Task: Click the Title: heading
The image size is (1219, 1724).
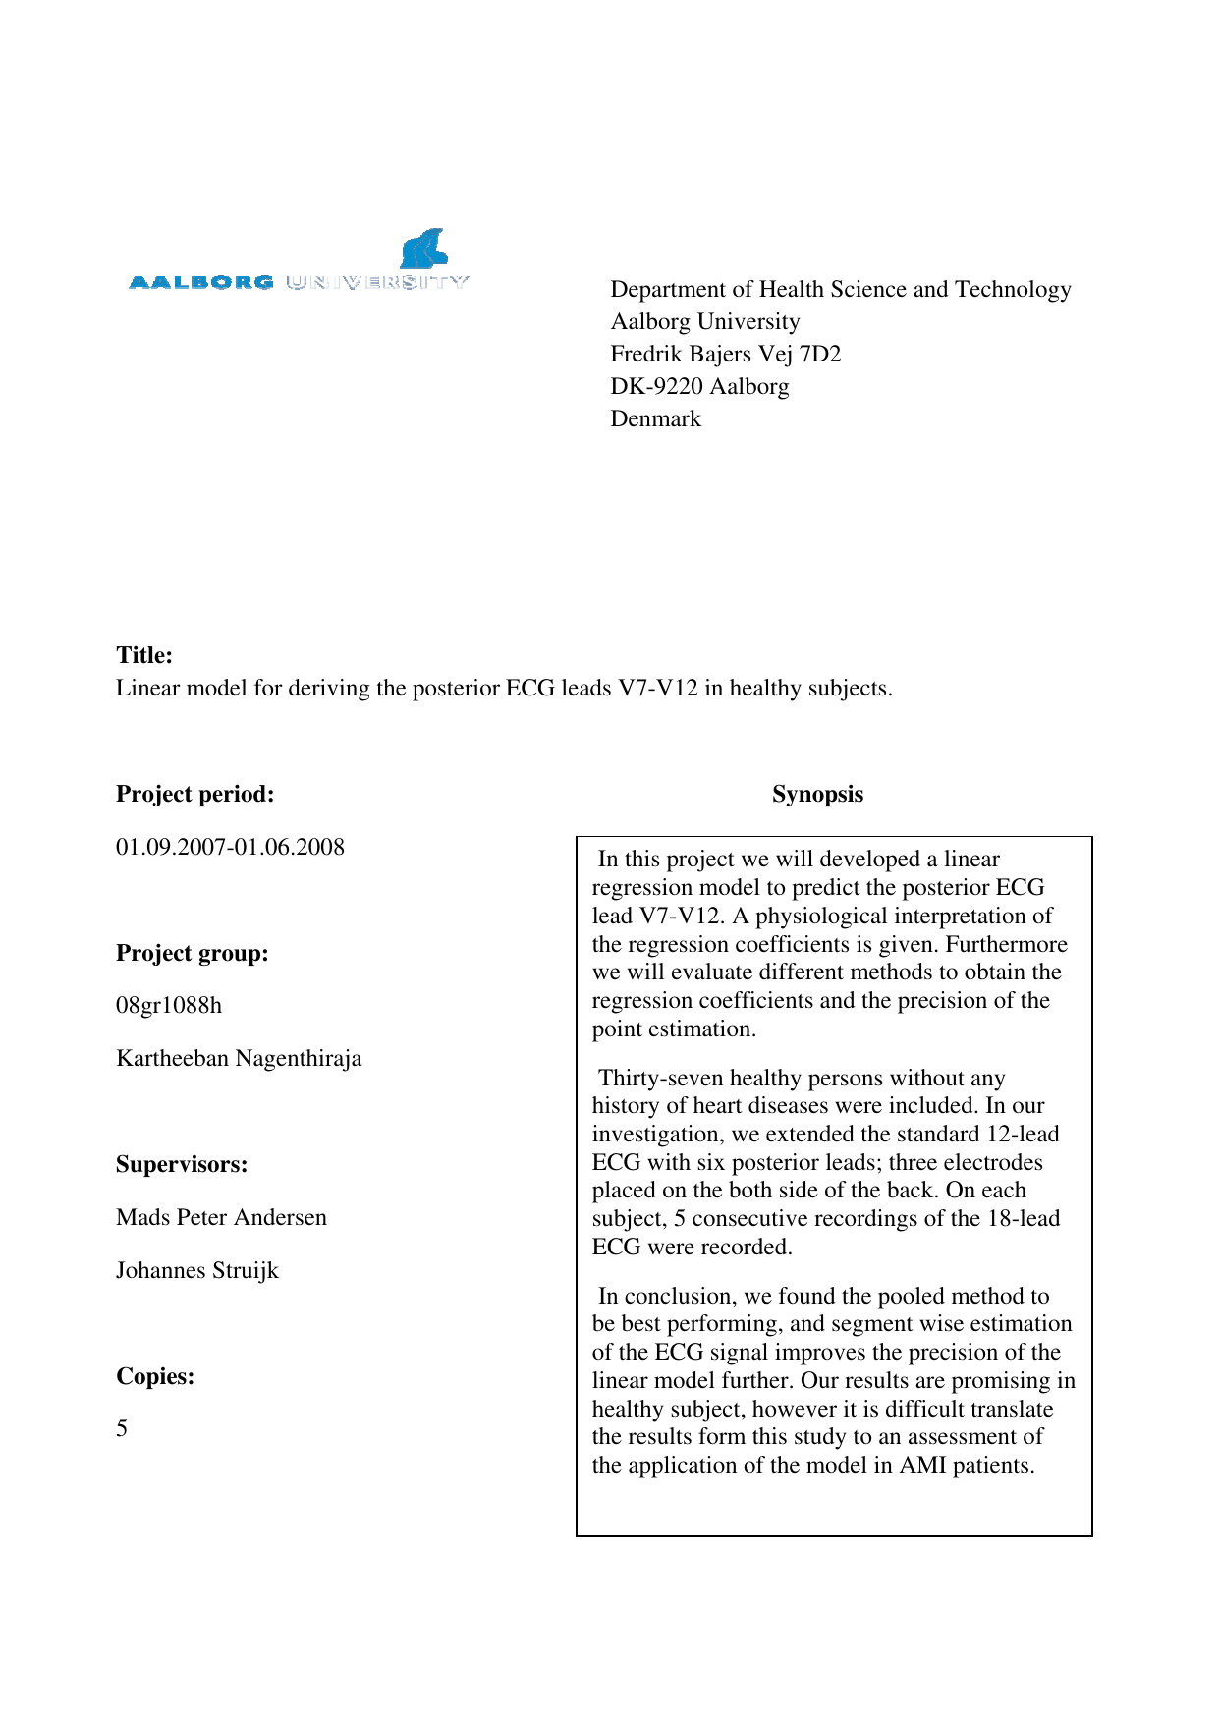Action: click(x=144, y=655)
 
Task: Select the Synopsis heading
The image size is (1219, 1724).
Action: click(x=817, y=794)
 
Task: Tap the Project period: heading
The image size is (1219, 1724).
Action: click(x=194, y=794)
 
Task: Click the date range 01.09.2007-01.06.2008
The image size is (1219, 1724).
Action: click(x=230, y=847)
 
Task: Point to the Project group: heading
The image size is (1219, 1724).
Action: click(x=192, y=953)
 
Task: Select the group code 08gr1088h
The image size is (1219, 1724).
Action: click(x=169, y=1005)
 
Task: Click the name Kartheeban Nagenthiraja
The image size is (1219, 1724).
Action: click(x=239, y=1058)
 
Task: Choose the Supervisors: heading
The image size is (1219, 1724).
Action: click(x=182, y=1164)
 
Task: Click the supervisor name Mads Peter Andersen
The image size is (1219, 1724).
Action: click(x=221, y=1217)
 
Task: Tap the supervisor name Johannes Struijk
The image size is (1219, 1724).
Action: click(x=197, y=1270)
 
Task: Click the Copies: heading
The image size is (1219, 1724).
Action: click(x=155, y=1376)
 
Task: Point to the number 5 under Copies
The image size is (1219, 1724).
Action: click(x=122, y=1428)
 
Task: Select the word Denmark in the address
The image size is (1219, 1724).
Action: click(x=655, y=418)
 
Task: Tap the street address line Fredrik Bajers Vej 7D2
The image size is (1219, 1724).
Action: click(x=725, y=354)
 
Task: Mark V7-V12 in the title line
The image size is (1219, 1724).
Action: click(x=657, y=688)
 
